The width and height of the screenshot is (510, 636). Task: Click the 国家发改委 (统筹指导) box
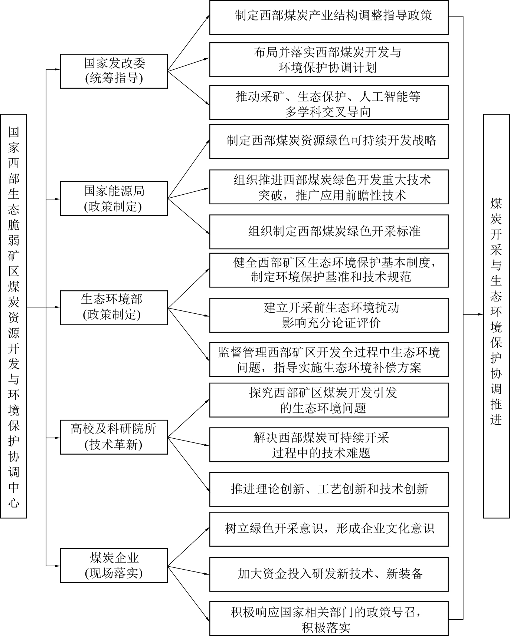[114, 71]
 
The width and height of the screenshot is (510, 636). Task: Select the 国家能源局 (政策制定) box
[114, 198]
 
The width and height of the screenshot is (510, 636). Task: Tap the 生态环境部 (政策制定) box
[114, 307]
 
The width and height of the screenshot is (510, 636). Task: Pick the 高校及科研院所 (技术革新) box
[114, 437]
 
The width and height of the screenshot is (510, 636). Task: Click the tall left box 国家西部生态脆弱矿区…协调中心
[14, 316]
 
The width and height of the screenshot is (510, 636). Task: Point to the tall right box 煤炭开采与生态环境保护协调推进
[496, 316]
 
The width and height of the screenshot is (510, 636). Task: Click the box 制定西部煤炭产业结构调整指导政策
[328, 17]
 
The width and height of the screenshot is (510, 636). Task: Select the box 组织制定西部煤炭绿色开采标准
[328, 231]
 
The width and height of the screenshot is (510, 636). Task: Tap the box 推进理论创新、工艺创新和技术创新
[328, 489]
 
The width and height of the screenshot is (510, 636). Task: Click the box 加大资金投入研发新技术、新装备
[328, 574]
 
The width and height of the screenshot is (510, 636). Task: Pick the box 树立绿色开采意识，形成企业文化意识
[328, 528]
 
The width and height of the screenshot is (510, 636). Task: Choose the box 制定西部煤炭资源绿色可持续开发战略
[328, 141]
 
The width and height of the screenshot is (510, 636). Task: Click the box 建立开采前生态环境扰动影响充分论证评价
[328, 315]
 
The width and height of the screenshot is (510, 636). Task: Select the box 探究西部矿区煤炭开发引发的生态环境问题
[328, 400]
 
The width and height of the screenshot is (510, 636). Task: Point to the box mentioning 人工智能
[328, 102]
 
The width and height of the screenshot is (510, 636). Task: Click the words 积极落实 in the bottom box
[326, 627]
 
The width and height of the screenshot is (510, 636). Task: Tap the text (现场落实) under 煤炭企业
[114, 574]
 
